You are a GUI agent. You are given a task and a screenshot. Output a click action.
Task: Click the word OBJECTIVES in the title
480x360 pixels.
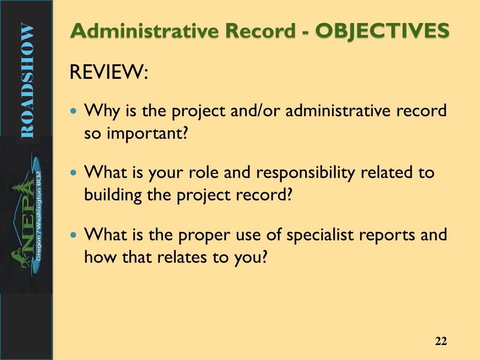click(382, 31)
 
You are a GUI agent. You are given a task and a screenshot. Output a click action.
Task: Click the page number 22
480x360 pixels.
click(441, 341)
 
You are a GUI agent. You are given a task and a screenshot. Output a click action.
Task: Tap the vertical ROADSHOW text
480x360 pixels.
click(27, 81)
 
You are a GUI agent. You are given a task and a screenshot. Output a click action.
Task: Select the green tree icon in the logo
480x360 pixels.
click(16, 192)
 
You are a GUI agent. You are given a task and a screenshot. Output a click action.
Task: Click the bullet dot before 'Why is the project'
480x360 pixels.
click(73, 112)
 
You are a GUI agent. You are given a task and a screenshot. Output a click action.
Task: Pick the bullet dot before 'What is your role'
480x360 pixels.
click(73, 173)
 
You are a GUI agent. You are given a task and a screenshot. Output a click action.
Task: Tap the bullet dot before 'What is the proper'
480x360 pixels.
click(73, 234)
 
